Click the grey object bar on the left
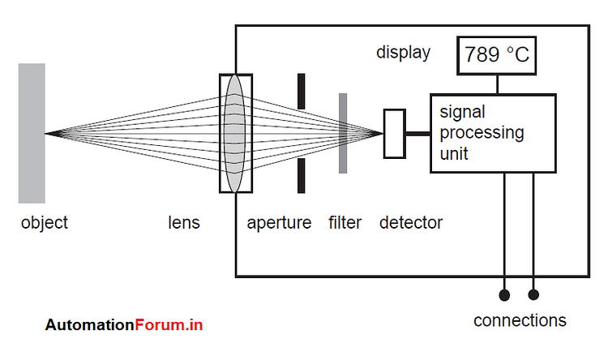pos(32,133)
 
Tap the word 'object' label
pos(45,222)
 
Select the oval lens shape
pos(234,133)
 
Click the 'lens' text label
pos(183,222)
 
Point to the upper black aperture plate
pos(302,91)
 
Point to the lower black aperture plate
pos(302,175)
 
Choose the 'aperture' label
pos(279,222)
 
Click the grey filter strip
pos(343,133)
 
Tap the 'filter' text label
pos(345,222)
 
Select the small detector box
pos(394,133)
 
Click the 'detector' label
pos(411,222)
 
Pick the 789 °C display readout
pos(497,55)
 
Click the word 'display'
pos(403,53)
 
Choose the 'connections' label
pos(520,320)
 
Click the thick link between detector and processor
pos(417,133)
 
